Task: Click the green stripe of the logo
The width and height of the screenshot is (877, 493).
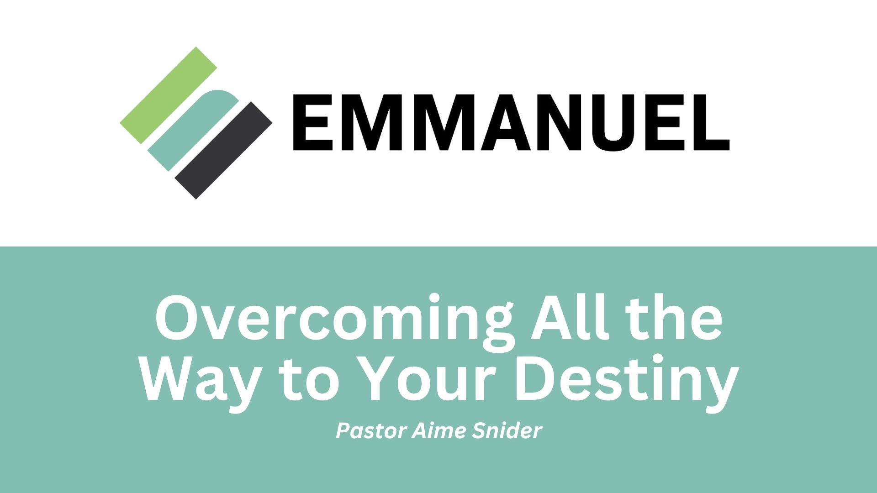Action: click(x=169, y=95)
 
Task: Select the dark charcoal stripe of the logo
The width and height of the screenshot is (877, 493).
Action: click(x=223, y=150)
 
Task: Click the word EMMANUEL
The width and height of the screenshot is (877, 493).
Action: click(x=511, y=122)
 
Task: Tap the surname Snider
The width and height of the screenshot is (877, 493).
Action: click(x=506, y=431)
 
